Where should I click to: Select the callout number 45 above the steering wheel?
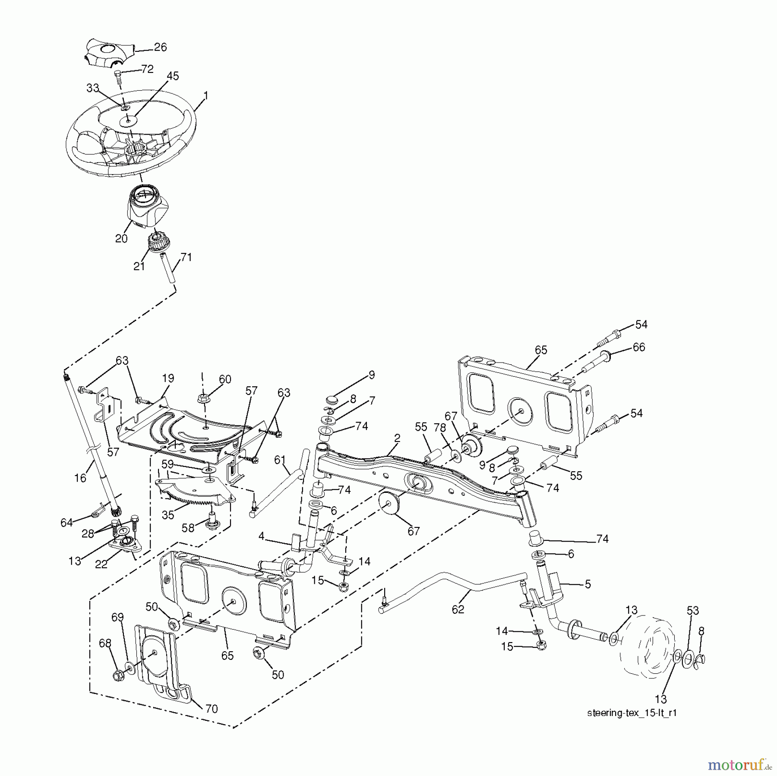(173, 76)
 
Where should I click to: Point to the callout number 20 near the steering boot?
(121, 238)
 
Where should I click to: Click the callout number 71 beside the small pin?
(186, 257)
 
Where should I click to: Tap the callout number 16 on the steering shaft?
(80, 477)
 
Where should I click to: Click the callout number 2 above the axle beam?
(397, 438)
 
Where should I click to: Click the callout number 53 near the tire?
(693, 611)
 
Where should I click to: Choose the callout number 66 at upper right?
(638, 347)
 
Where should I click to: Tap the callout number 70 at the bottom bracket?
(212, 708)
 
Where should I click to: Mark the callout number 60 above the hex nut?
(225, 379)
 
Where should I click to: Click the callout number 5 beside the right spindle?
(587, 584)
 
